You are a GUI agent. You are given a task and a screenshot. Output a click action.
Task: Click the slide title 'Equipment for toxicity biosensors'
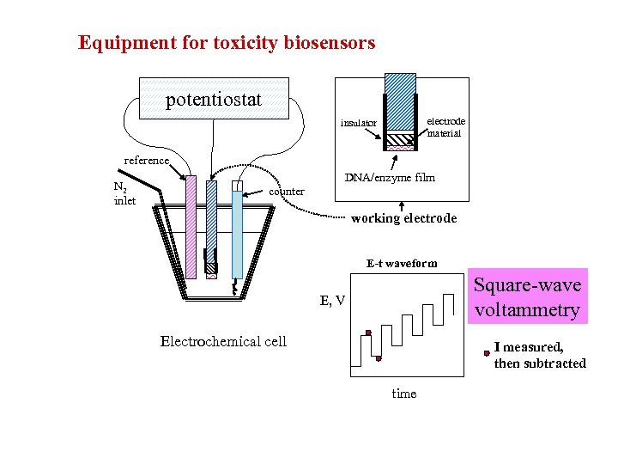coord(227,42)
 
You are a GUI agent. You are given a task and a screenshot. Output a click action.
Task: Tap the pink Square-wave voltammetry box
coord(527,297)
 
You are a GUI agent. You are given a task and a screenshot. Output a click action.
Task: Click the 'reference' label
coord(148,160)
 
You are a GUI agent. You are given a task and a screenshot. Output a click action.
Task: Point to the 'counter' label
coord(287,191)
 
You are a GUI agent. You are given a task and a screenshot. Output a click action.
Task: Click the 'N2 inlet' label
coord(124,193)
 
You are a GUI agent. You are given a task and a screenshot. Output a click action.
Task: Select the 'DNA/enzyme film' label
coord(390,178)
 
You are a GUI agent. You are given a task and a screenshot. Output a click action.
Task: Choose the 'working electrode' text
coord(403,218)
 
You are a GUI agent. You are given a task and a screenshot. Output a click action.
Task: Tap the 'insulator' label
coord(358,123)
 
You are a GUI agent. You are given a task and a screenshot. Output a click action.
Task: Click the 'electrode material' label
coord(445,127)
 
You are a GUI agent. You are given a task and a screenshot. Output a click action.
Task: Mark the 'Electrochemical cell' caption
coord(223,341)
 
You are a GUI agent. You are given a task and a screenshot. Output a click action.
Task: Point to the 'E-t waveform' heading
coord(401,263)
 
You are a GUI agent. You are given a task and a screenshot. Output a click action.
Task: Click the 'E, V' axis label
coord(332,300)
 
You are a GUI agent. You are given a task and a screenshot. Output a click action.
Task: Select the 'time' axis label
coord(403,394)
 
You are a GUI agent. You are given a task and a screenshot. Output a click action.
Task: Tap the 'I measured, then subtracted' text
coord(540,355)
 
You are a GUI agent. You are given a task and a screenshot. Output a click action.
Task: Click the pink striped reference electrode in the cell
coord(191,227)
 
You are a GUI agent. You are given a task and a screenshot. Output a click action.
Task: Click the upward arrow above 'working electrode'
coord(403,205)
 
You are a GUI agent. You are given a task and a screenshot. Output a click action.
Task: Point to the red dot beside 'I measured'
coord(487,352)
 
